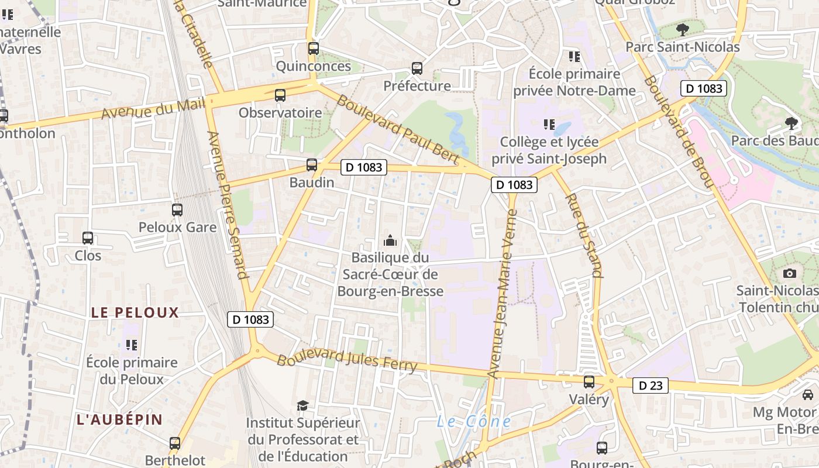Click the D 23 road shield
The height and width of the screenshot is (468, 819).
(650, 386)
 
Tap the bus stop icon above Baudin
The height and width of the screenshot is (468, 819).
(312, 165)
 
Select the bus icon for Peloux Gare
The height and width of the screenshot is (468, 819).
(177, 209)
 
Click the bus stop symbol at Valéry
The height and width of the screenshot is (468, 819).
(589, 382)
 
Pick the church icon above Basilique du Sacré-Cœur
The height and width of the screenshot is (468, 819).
(390, 240)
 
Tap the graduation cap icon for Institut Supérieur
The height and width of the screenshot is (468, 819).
(302, 405)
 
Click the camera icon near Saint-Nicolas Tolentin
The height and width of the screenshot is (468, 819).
(790, 273)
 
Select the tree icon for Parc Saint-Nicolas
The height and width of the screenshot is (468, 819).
(682, 29)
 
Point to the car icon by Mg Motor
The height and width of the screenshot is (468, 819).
(808, 395)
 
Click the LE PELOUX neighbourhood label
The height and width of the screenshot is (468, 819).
(135, 312)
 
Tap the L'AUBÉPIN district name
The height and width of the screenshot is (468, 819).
(119, 419)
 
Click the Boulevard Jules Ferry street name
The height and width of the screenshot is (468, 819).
(347, 360)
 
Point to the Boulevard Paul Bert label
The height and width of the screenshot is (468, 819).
(398, 129)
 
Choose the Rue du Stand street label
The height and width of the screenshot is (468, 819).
(583, 234)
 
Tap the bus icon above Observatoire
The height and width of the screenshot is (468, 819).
(280, 95)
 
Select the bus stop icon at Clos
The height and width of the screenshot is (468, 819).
(88, 238)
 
